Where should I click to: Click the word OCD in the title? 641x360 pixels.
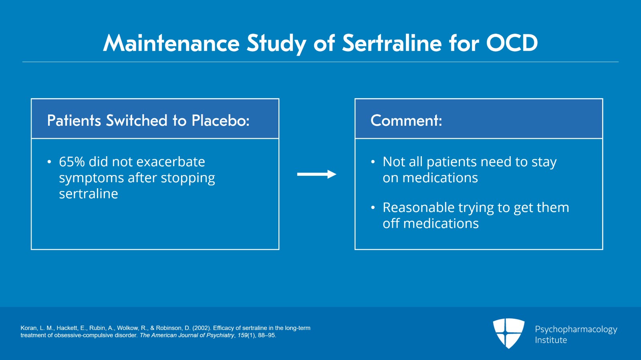coord(512,43)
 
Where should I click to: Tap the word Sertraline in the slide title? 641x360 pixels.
coord(391,43)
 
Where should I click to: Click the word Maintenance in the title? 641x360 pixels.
coord(171,43)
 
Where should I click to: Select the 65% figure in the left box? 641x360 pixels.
coord(72,162)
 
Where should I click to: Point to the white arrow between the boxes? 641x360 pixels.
coord(316,174)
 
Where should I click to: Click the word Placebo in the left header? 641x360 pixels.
coord(220,121)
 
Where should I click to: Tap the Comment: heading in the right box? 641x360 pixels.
coord(406,121)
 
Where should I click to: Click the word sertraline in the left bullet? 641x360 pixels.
coord(88,194)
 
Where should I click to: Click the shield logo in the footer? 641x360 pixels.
coord(508,333)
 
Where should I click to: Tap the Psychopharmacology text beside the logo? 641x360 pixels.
coord(576,329)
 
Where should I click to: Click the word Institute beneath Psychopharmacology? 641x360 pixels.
coord(551,340)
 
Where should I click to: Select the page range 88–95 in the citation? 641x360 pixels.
coord(266,335)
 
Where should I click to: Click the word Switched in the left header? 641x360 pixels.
coord(137,121)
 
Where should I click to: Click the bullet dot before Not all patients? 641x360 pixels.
coord(373,162)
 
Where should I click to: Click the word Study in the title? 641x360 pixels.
coord(276,43)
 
